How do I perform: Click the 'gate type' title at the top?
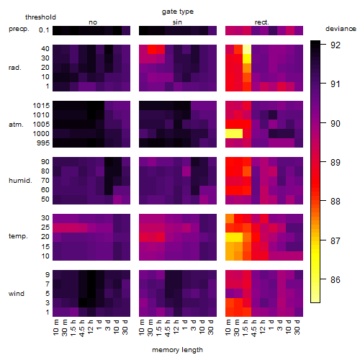click(178, 12)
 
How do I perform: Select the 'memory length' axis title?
click(177, 350)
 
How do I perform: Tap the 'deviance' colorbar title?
click(341, 29)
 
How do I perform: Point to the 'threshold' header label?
click(40, 17)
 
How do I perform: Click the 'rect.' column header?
click(261, 22)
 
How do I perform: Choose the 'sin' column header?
click(177, 22)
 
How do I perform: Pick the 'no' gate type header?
click(93, 22)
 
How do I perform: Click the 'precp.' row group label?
click(19, 29)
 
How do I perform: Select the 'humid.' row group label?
click(20, 181)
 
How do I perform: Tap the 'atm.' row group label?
click(16, 125)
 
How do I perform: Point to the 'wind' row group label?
click(17, 294)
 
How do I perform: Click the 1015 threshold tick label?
click(41, 106)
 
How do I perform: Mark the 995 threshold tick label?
click(43, 143)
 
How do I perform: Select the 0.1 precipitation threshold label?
click(44, 30)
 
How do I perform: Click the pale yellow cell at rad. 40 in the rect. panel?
click(247, 49)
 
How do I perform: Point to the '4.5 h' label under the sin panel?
click(168, 328)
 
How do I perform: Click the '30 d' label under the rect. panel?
click(297, 328)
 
